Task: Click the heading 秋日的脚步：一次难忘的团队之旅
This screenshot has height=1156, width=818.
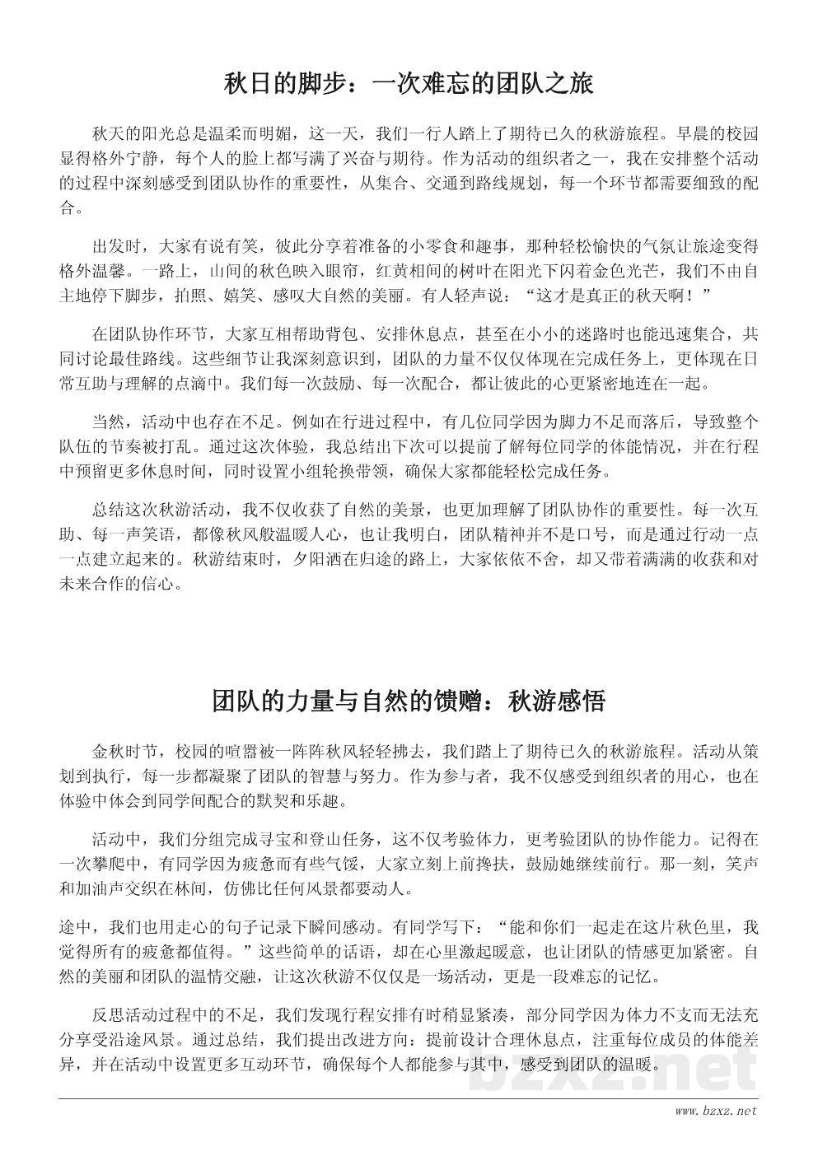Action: pos(409,85)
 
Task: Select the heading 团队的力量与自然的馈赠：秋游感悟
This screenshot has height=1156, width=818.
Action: pos(409,702)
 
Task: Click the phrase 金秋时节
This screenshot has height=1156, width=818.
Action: pos(125,751)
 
